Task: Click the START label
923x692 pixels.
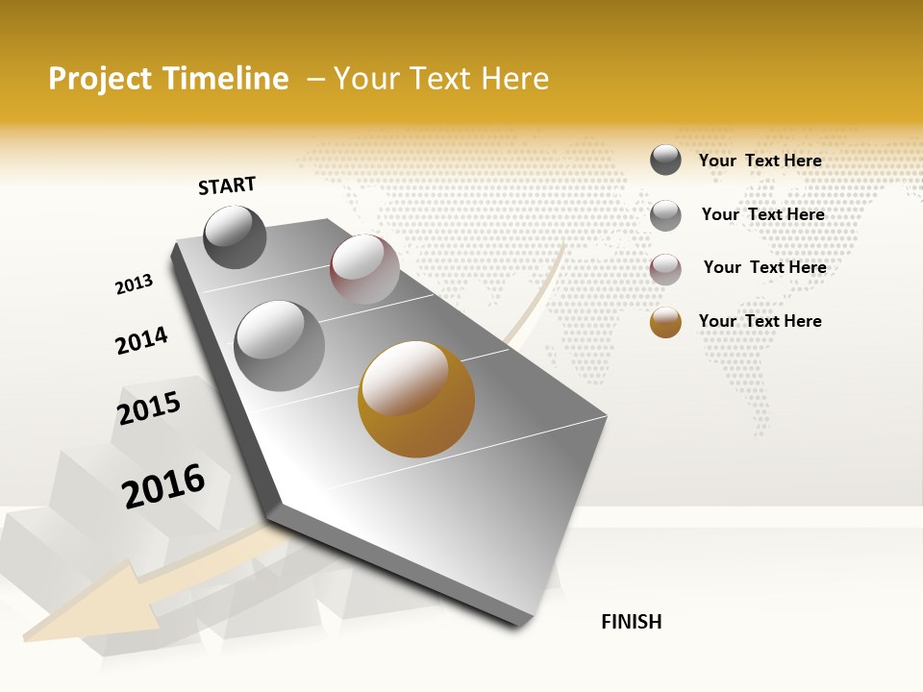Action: (227, 185)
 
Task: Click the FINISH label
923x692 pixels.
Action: (631, 622)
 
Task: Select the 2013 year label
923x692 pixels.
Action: (135, 284)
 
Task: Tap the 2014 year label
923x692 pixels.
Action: (141, 340)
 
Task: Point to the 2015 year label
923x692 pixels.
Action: (149, 408)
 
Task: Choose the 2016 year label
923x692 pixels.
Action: (163, 485)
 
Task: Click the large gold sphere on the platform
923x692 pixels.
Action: (416, 399)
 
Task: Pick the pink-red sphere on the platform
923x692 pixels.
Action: (364, 269)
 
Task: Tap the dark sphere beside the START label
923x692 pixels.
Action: (236, 236)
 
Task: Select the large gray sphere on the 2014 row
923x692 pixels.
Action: (279, 345)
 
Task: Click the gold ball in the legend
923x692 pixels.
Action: (665, 322)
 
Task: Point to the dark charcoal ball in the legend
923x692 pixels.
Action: (665, 160)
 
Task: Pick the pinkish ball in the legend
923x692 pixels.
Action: (665, 269)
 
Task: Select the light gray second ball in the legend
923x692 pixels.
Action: (665, 215)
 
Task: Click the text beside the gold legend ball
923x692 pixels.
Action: (760, 321)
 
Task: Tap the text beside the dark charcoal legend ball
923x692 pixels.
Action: (760, 161)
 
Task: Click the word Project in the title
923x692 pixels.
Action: (100, 79)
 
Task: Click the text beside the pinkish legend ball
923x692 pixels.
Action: (764, 267)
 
